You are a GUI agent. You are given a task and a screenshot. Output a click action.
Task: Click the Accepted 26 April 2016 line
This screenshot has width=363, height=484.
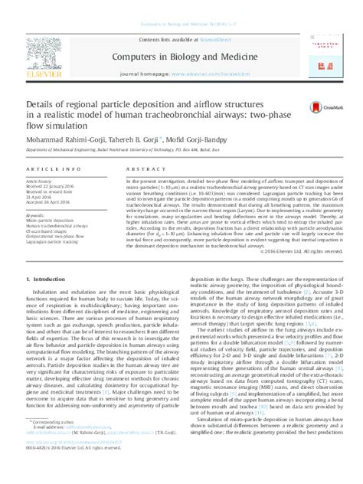click(48, 201)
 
